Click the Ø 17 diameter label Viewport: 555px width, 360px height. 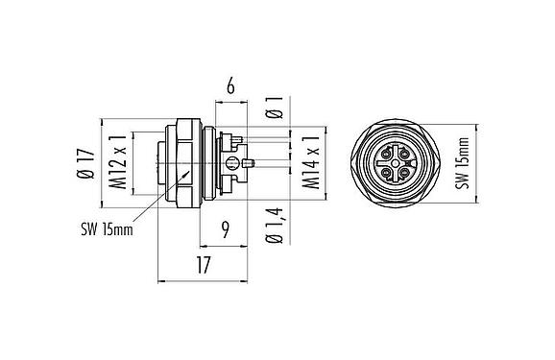pyautogui.click(x=85, y=164)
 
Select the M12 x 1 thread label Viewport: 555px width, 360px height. pyautogui.click(x=118, y=164)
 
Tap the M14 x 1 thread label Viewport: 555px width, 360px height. pyautogui.click(x=311, y=165)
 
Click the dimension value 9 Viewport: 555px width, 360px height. pyautogui.click(x=223, y=228)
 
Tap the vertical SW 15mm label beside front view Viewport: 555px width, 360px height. pyautogui.click(x=462, y=164)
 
